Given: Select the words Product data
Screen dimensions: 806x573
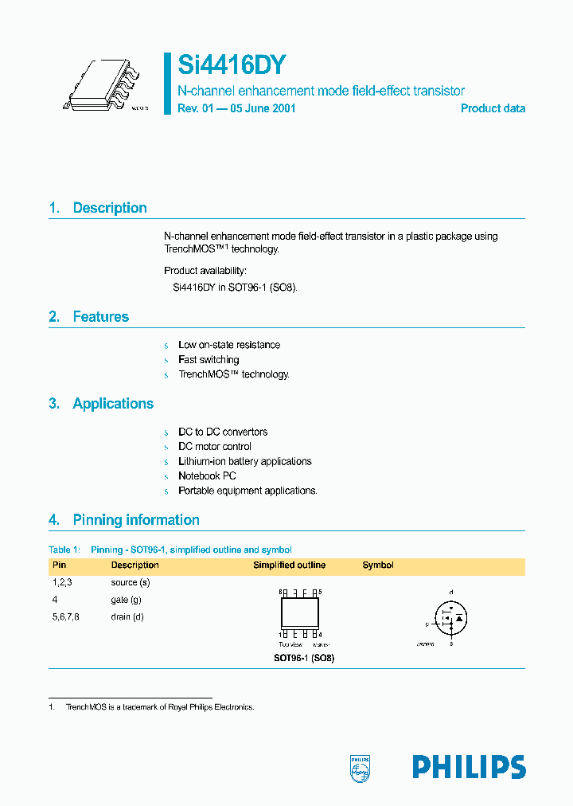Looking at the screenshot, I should [493, 108].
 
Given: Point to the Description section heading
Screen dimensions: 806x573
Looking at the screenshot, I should [109, 208].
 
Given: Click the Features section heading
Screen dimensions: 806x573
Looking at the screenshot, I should [100, 317].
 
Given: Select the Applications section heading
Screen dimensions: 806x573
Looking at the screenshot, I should [112, 404].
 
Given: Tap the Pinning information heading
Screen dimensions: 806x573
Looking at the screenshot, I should [135, 520].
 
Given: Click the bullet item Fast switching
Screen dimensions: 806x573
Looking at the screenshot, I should [208, 360].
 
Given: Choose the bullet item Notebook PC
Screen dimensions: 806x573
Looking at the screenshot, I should [207, 476].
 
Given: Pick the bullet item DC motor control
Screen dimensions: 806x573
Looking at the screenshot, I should [214, 447].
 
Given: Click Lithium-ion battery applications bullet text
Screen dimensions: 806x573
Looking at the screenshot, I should [244, 461].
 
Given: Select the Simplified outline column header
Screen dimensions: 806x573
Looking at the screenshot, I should [289, 565].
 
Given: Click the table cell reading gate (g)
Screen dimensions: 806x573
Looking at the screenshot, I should [127, 600].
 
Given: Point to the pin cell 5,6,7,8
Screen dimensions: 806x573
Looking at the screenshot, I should [65, 616].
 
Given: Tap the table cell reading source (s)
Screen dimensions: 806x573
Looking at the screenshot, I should [131, 582].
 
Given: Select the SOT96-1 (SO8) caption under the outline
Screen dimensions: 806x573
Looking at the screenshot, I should [299, 659].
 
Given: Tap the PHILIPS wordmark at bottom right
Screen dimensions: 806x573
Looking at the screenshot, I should [469, 767].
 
